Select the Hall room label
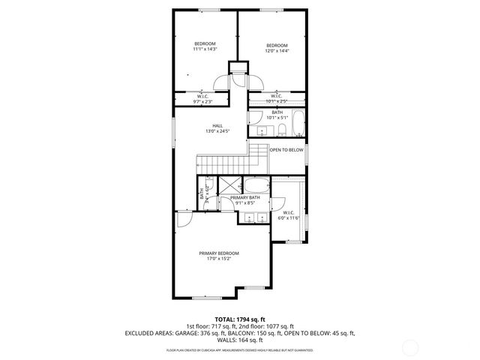tap(217, 125)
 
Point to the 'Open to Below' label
tap(286, 150)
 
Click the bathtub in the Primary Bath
tap(256, 187)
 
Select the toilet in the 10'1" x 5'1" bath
tap(281, 131)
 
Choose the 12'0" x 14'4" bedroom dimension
tap(276, 52)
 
